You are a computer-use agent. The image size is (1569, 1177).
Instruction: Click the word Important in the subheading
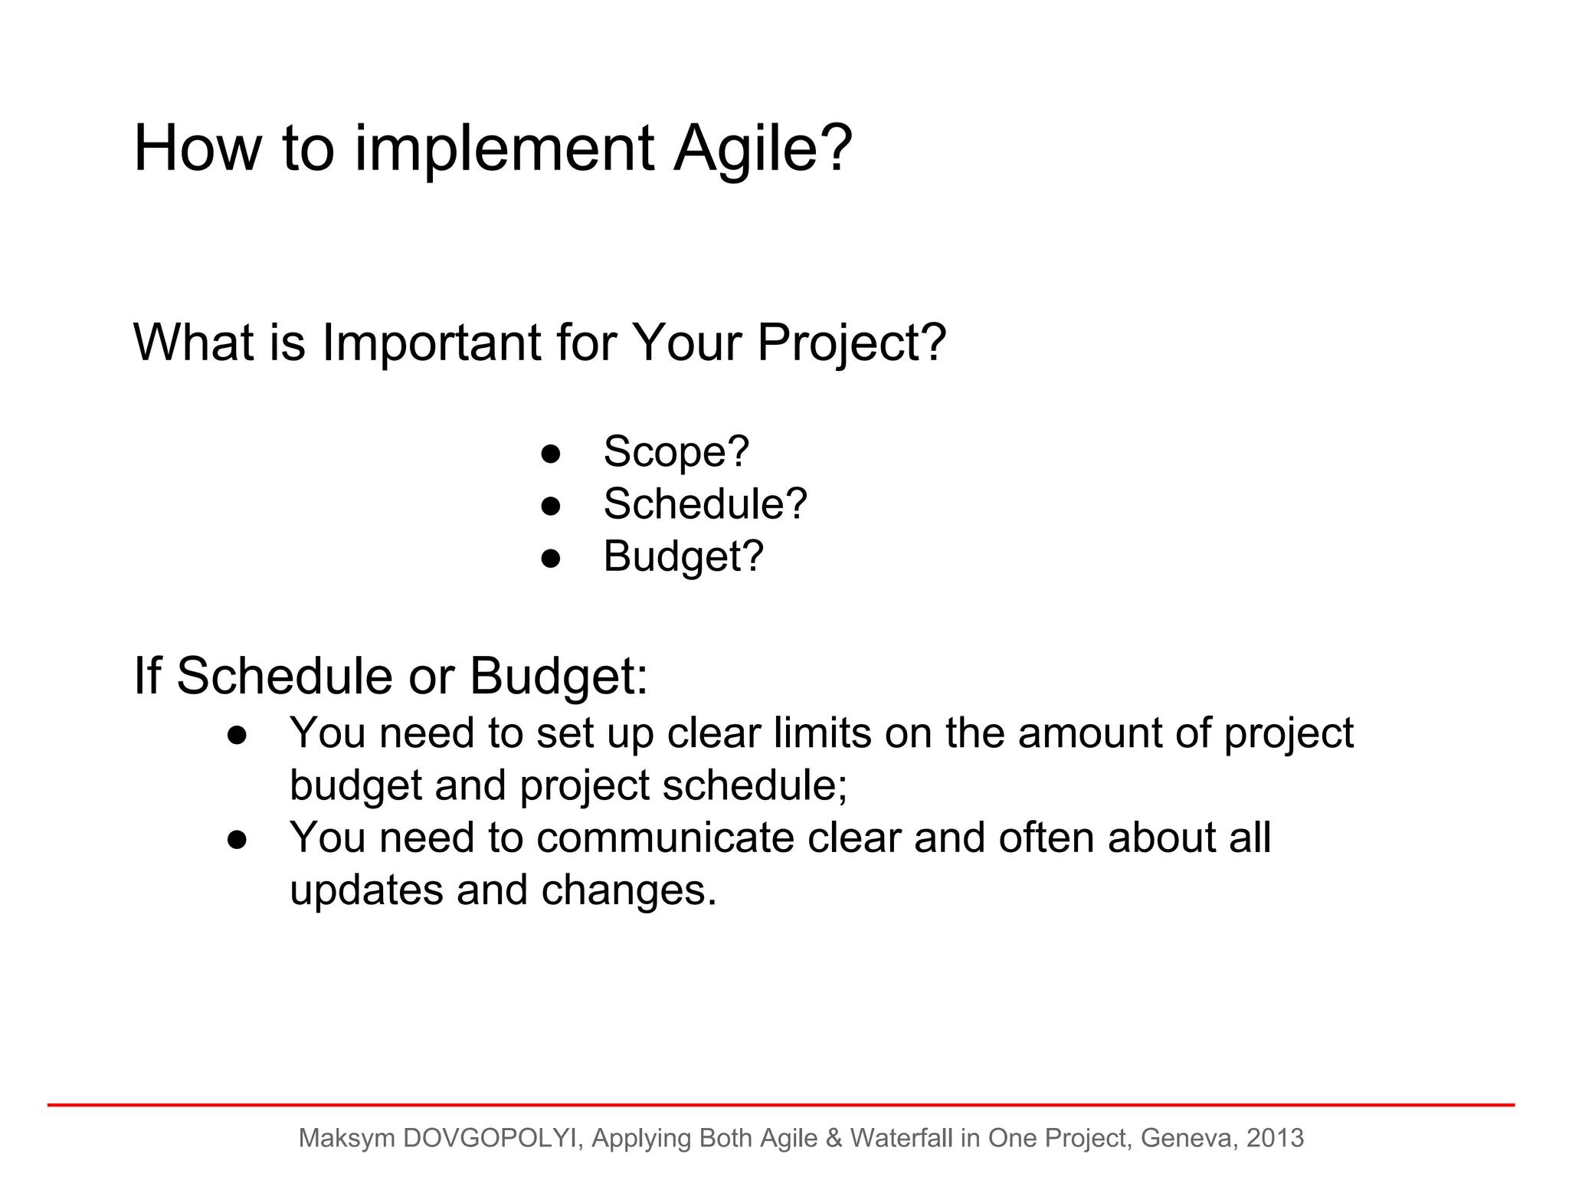[x=431, y=343]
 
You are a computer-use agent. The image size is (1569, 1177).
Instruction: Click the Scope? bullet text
[x=676, y=451]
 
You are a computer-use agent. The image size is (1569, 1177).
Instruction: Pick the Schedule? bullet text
[x=705, y=504]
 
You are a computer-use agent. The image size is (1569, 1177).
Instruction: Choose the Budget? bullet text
[x=683, y=556]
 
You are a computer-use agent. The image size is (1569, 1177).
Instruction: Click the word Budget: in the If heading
[x=558, y=676]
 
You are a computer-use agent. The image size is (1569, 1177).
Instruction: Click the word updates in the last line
[x=366, y=890]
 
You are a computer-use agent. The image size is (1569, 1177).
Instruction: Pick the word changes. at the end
[x=628, y=890]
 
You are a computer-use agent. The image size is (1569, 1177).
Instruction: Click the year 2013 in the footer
[x=1275, y=1138]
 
